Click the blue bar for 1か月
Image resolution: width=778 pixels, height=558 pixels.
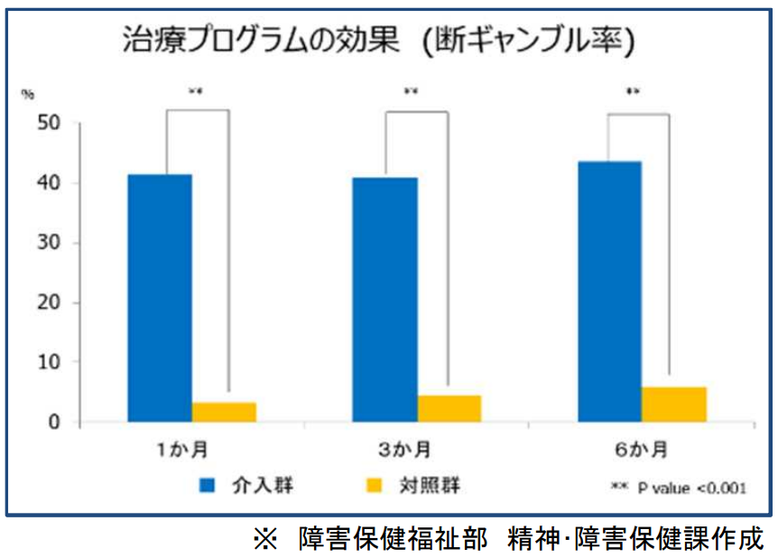point(160,298)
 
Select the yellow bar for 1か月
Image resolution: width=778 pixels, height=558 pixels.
point(224,412)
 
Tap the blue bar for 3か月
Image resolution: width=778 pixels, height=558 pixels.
point(384,300)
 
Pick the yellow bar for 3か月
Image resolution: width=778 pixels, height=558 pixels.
point(449,408)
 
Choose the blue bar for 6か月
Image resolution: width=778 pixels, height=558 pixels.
point(609,292)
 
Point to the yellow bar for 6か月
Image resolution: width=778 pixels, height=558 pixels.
point(673,404)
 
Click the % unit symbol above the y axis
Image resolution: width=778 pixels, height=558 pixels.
point(28,92)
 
